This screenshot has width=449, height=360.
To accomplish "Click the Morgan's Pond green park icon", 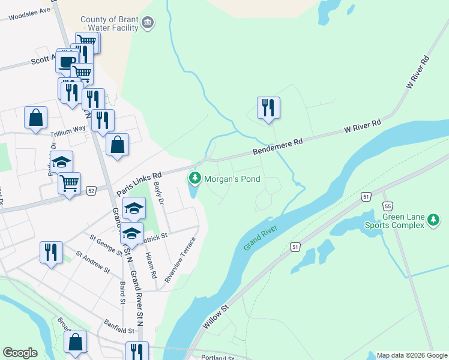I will click(x=194, y=178).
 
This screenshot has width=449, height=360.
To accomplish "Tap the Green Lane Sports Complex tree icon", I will click(x=434, y=221).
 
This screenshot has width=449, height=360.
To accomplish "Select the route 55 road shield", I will click(x=387, y=205).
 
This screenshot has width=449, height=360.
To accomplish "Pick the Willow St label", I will click(x=216, y=316).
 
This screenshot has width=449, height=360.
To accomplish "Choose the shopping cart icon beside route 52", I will click(x=70, y=183).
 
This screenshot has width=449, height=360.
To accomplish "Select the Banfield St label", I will click(x=118, y=330).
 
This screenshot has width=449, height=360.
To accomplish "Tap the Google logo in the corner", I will click(x=20, y=353).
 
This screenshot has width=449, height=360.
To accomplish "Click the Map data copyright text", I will click(x=411, y=355).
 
